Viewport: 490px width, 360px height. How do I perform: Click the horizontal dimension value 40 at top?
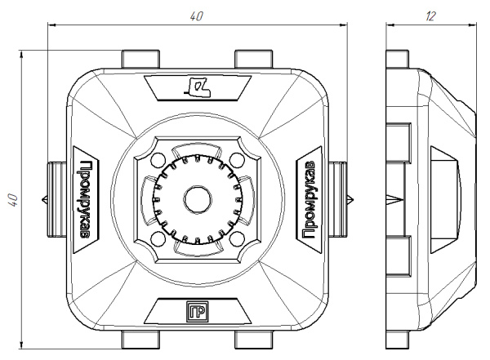197,16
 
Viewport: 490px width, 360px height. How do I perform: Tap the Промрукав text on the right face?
310,196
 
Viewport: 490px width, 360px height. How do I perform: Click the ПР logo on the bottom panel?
196,312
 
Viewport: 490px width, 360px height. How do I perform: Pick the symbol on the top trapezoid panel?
198,85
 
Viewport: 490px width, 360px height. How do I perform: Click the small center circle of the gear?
196,198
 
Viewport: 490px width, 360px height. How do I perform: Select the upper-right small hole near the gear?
235,158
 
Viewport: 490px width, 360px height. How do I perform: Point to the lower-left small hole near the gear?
158,238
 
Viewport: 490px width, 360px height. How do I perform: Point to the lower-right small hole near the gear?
235,238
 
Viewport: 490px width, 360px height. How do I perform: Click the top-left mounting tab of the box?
140,60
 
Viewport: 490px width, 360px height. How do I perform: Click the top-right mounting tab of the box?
252,60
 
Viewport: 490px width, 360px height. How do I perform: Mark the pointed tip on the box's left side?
42,198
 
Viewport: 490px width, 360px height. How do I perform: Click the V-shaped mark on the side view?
397,198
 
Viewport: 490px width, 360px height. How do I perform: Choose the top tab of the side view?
397,60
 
